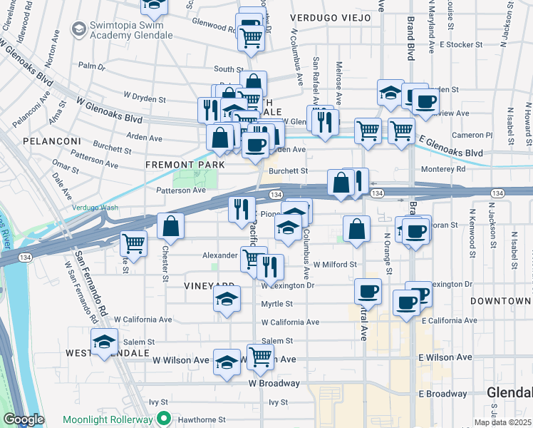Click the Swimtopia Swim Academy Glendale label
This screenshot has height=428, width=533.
click(x=125, y=31)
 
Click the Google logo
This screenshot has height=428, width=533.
click(x=24, y=419)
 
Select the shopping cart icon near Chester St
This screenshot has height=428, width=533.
click(x=133, y=243)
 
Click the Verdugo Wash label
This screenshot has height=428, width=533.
click(x=95, y=208)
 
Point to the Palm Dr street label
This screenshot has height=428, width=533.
click(x=92, y=66)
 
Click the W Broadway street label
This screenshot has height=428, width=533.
click(x=274, y=383)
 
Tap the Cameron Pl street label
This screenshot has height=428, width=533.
click(x=467, y=135)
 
